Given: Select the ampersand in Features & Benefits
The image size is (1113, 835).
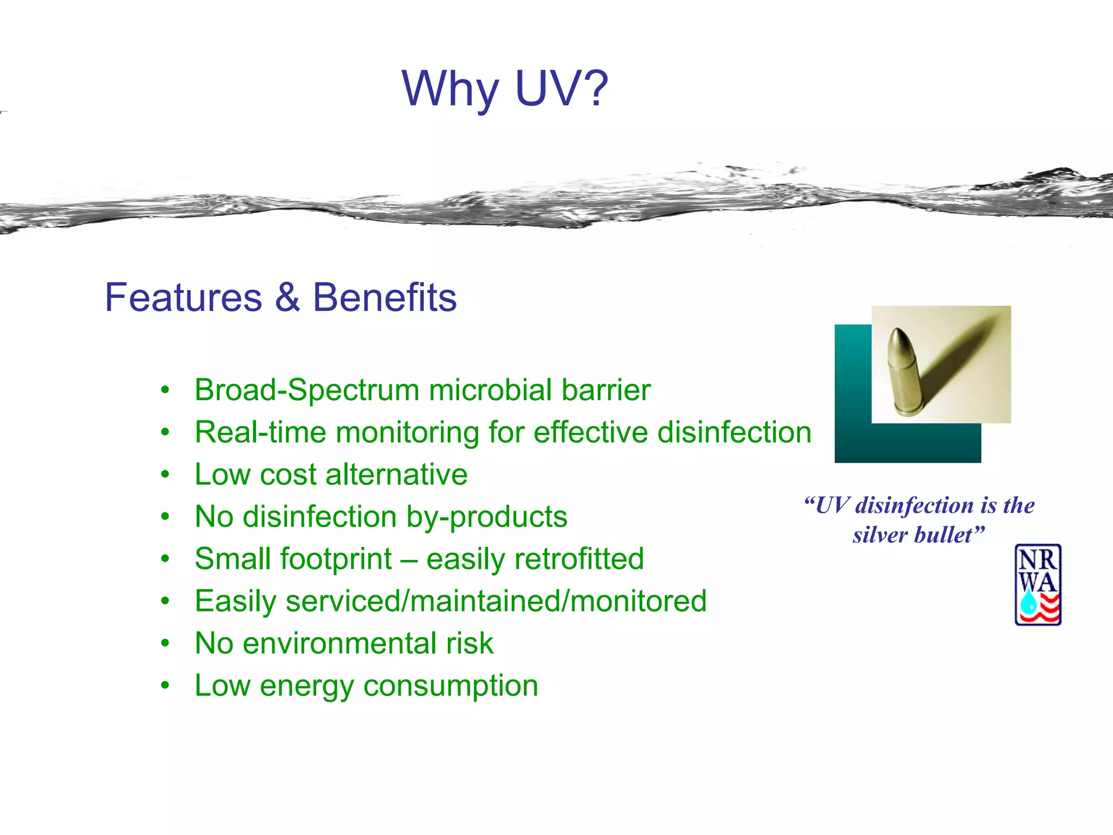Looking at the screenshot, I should pos(287,298).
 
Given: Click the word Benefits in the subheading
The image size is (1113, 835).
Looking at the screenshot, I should pos(385,298).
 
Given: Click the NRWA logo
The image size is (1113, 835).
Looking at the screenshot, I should pos(1038,585).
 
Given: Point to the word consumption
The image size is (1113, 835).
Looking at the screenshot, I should pos(451,686).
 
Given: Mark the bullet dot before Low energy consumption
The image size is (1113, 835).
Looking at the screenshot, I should pos(165,685).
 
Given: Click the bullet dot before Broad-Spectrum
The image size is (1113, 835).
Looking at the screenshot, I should pos(165,390).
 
